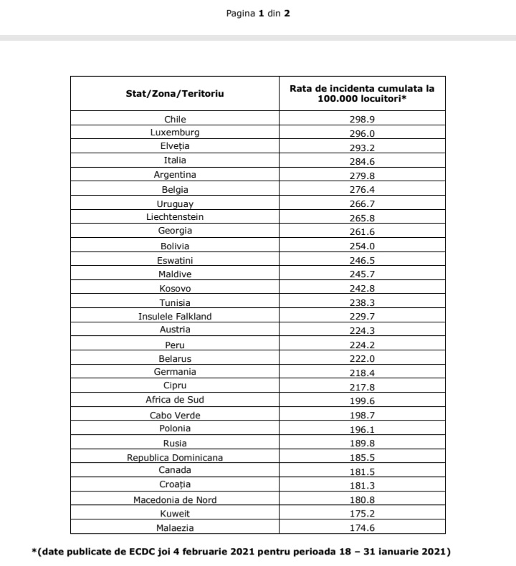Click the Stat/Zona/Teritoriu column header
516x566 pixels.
(175, 94)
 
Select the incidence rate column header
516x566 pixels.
(362, 93)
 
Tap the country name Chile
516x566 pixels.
(175, 119)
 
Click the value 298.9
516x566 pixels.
(362, 119)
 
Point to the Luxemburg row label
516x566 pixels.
(175, 133)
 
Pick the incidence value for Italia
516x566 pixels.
(362, 160)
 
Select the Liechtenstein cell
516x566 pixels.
(175, 216)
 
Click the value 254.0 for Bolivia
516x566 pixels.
(362, 246)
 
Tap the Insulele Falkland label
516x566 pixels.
(175, 316)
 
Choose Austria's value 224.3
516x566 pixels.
(362, 330)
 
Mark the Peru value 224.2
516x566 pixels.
(362, 345)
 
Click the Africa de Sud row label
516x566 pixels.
(175, 400)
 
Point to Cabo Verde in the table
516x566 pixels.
(175, 415)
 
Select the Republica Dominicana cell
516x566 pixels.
(175, 457)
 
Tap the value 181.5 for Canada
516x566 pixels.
(362, 471)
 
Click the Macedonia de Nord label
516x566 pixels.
(175, 499)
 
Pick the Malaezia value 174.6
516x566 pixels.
(362, 528)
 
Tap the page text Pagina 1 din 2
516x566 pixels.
(258, 13)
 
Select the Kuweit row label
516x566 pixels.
(175, 514)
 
